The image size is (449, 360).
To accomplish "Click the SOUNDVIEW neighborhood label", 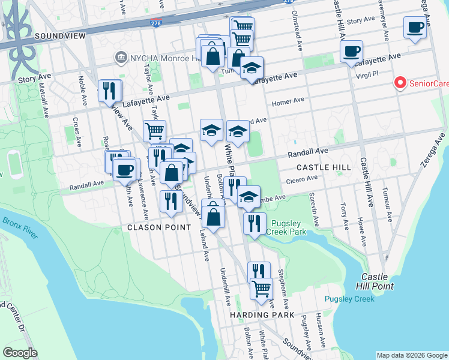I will (x=60, y=36).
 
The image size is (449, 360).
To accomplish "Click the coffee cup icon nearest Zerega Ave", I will (x=415, y=28).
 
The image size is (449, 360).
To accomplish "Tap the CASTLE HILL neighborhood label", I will (x=324, y=167).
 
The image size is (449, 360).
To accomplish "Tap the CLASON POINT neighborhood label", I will (x=159, y=227).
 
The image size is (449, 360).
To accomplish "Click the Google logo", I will (x=20, y=353).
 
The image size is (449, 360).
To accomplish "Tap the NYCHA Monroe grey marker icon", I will (x=121, y=58).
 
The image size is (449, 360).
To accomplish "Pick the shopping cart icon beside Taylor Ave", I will (x=154, y=130).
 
